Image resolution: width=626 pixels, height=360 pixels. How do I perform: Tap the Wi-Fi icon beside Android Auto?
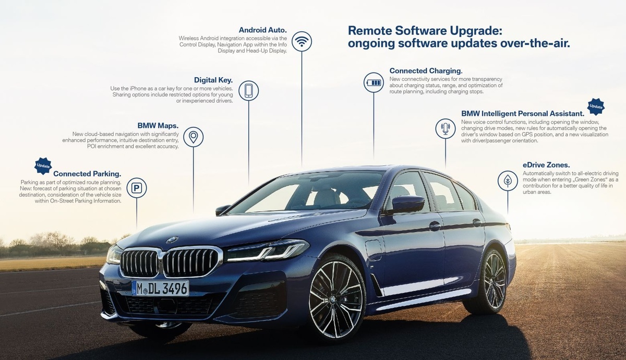[302, 41]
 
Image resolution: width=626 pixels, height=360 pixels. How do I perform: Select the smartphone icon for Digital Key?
[248, 90]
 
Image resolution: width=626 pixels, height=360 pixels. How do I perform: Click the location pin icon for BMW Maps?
[193, 137]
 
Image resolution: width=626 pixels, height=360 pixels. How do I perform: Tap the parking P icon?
[137, 188]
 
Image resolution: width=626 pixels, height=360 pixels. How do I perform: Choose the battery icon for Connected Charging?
[374, 82]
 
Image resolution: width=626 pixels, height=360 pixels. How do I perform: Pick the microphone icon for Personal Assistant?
[445, 128]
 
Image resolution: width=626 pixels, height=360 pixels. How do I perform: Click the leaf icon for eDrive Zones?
[508, 180]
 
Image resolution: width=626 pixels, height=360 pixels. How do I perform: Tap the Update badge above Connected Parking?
[43, 166]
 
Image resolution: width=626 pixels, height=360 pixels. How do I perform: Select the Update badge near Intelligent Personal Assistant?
[596, 106]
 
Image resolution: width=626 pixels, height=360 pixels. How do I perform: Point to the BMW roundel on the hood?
[172, 240]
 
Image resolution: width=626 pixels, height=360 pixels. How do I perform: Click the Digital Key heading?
[213, 80]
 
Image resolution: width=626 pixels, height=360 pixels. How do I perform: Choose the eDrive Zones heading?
[546, 164]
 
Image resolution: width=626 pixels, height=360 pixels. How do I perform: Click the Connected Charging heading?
[426, 70]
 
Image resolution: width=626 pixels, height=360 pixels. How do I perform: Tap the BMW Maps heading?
[158, 126]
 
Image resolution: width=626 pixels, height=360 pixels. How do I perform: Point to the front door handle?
[435, 225]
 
